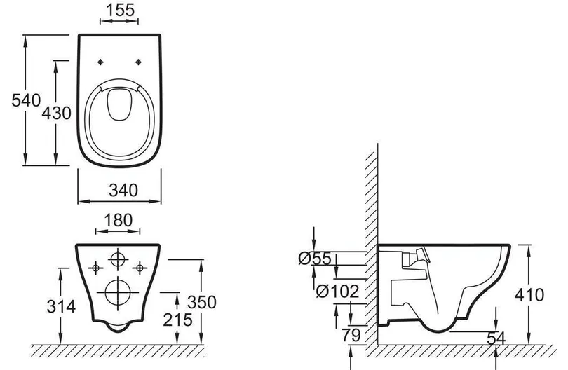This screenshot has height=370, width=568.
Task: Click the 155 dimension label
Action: tap(120, 10)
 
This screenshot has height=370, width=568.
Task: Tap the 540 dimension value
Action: tap(26, 100)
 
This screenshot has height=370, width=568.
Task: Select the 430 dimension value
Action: tap(56, 113)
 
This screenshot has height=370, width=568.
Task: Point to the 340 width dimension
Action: tap(123, 190)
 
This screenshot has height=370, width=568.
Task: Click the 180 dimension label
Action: tap(118, 220)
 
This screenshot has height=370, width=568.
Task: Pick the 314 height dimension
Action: tap(61, 306)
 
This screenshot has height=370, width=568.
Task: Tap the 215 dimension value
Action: tap(177, 320)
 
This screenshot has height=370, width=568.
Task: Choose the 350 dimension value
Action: tap(202, 302)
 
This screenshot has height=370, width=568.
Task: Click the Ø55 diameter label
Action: tap(315, 258)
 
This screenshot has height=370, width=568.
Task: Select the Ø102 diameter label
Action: tap(337, 291)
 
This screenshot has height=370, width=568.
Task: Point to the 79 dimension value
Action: tap(351, 335)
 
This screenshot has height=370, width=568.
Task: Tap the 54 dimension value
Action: tap(496, 338)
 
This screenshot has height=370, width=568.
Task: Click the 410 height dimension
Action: tap(529, 295)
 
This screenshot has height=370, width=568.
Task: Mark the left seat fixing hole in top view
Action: tap(101, 62)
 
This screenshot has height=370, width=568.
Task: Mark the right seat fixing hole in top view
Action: tap(138, 62)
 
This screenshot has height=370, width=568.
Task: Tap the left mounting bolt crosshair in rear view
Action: tap(95, 268)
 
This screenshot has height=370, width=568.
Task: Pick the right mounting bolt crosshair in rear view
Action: tap(140, 268)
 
